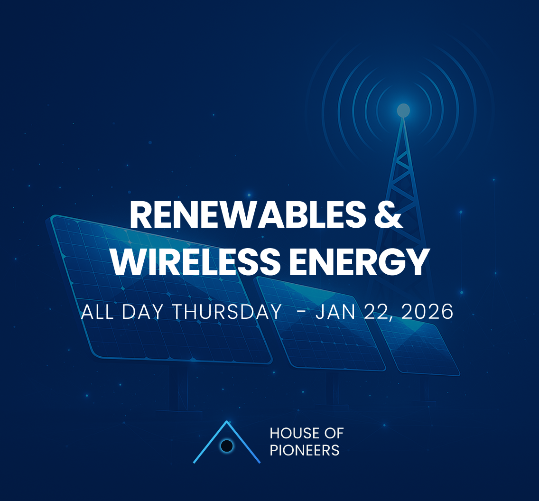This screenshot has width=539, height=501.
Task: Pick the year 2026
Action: pyautogui.click(x=427, y=312)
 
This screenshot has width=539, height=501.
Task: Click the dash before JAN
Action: pyautogui.click(x=300, y=312)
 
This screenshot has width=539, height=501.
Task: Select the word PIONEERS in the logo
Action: pyautogui.click(x=305, y=450)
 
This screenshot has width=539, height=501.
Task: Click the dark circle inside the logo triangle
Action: pyautogui.click(x=227, y=445)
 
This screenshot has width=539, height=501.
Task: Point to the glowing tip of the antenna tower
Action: pyautogui.click(x=403, y=111)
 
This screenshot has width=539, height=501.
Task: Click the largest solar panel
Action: pyautogui.click(x=157, y=289)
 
